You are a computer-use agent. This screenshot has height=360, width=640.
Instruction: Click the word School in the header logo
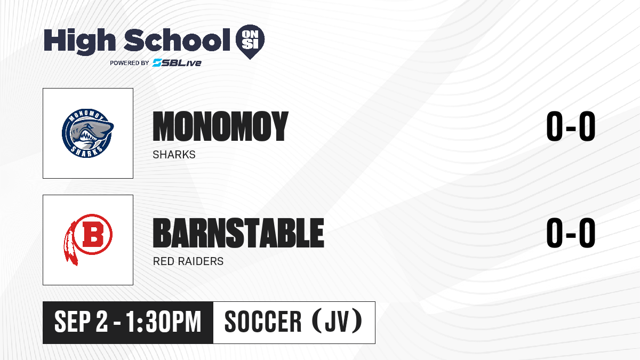(177, 39)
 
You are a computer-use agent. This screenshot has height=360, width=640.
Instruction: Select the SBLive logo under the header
(177, 62)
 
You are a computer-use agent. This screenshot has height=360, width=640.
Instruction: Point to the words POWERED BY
(130, 63)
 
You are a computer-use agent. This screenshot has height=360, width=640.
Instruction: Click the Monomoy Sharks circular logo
(87, 133)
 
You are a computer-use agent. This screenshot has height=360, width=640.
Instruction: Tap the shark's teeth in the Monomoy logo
(89, 137)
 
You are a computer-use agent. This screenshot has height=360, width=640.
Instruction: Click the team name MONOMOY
(221, 126)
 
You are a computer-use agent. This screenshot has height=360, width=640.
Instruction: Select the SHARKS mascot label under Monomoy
(174, 155)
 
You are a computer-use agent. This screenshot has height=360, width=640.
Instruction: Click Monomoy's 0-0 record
(571, 126)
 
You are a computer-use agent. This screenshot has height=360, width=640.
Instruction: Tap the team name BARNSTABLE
(238, 233)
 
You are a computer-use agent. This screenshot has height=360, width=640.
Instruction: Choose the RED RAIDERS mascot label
(188, 261)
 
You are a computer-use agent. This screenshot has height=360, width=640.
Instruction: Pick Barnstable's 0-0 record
(571, 233)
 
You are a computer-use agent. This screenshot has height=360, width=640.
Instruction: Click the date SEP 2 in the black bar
(81, 322)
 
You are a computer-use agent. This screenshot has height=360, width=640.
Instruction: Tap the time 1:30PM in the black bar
(163, 322)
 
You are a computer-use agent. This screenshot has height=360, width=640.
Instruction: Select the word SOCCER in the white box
(263, 322)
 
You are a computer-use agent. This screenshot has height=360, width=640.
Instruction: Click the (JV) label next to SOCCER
(337, 321)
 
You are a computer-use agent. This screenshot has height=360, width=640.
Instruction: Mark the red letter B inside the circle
(93, 234)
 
